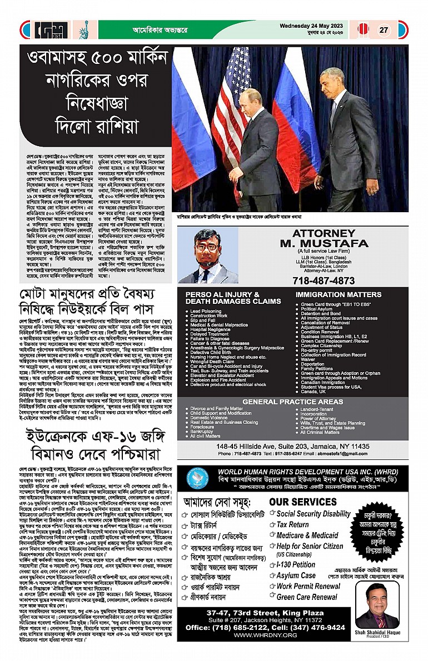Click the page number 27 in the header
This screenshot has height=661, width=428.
pyautogui.click(x=384, y=30)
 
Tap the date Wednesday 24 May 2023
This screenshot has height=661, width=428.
pyautogui.click(x=316, y=25)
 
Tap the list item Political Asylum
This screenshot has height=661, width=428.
pyautogui.click(x=320, y=309)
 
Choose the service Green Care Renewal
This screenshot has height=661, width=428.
pyautogui.click(x=307, y=597)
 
